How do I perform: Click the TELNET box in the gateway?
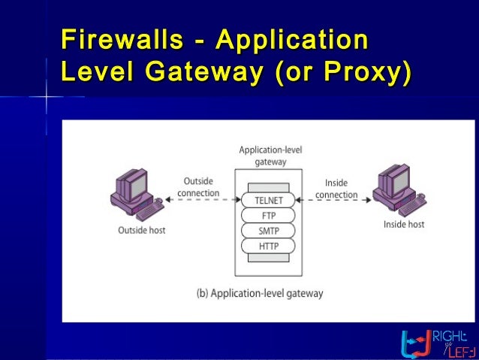point(268,201)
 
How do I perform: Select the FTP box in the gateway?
point(268,216)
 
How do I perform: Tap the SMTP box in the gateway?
point(268,231)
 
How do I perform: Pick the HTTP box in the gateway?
point(268,246)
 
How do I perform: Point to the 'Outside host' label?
point(142,230)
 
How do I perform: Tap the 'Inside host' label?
point(404,224)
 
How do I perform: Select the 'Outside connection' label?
point(198,187)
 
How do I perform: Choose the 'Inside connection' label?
point(336,189)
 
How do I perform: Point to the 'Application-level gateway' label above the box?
point(270,156)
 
